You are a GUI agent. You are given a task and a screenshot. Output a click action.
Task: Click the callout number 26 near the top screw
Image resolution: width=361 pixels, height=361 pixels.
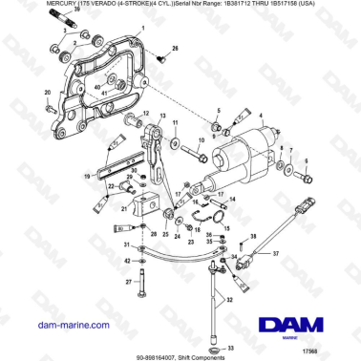click(x=175, y=47)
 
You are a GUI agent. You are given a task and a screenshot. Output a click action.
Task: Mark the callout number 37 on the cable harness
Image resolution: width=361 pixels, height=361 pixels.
click(x=277, y=255)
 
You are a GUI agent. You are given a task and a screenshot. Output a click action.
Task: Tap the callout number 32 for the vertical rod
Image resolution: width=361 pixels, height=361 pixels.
click(x=228, y=299)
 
